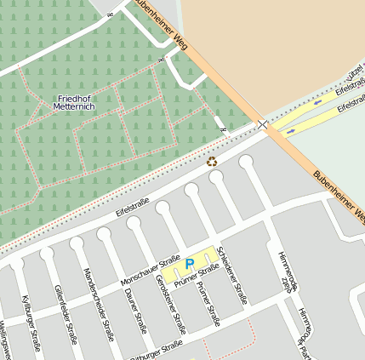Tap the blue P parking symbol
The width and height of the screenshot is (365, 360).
(x=190, y=265)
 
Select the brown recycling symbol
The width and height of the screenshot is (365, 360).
(x=212, y=160)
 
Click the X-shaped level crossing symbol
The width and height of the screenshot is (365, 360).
(x=263, y=124)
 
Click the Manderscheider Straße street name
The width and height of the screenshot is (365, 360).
(x=98, y=304)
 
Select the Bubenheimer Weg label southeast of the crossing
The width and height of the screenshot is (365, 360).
(x=339, y=192)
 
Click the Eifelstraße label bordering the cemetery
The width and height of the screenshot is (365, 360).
(x=132, y=202)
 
